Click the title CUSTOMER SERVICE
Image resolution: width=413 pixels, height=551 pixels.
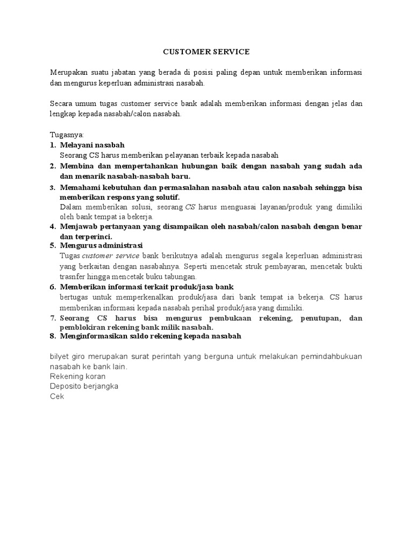tap(206, 52)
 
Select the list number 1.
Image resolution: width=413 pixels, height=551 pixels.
tap(53, 145)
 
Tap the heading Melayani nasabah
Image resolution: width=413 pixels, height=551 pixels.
tap(92, 145)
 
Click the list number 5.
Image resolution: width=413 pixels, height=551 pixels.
tap(53, 246)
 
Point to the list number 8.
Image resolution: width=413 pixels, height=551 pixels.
tap(53, 336)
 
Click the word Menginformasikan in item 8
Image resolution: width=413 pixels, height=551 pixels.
tap(92, 336)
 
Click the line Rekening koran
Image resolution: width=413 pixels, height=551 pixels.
tap(77, 376)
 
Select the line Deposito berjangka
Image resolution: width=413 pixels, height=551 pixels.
tap(84, 386)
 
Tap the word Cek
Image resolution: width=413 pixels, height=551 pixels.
tap(56, 397)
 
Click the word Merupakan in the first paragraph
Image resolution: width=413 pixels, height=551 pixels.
tap(69, 72)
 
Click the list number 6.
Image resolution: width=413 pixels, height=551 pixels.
tap(53, 287)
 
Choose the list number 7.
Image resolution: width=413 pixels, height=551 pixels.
tap(53, 318)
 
